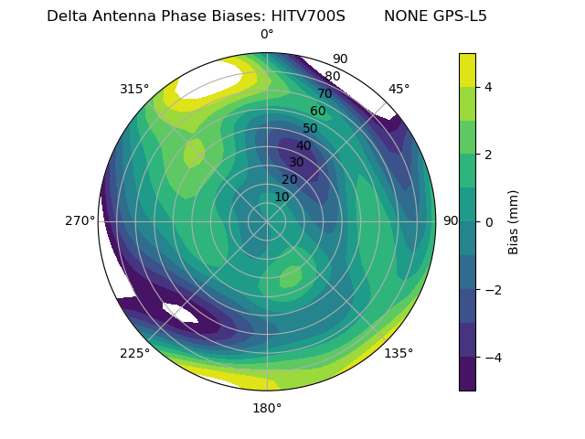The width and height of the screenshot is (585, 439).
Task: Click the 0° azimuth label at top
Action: (267, 35)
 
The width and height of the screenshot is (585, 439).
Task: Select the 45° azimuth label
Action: (399, 89)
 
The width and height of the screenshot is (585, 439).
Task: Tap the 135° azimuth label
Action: (399, 353)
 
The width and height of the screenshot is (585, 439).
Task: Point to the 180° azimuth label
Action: (267, 408)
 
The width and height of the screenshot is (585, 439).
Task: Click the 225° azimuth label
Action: (134, 353)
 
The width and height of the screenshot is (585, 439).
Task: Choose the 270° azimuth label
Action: (80, 221)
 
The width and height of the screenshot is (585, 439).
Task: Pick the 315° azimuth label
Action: (134, 89)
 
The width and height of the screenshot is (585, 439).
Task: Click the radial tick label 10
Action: (282, 197)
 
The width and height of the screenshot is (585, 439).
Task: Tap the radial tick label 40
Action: (303, 145)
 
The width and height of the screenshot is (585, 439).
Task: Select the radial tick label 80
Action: (332, 77)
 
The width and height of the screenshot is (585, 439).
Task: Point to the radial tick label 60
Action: (317, 112)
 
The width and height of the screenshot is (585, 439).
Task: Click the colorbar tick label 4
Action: (488, 87)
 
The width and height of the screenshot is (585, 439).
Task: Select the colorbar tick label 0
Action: (488, 222)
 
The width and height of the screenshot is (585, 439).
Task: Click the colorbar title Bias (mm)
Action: (514, 222)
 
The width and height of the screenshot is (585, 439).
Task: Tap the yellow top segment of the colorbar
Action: (467, 70)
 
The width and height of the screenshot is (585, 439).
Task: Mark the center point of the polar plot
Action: (267, 221)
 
